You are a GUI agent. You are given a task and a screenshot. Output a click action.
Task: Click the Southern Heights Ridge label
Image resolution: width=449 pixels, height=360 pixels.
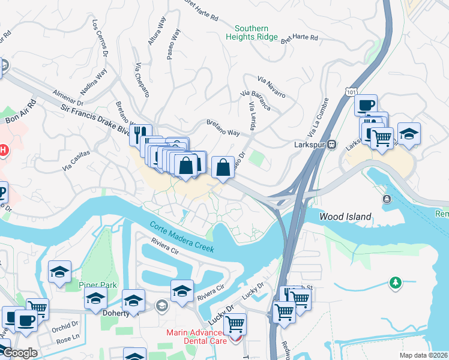click(x=252, y=32)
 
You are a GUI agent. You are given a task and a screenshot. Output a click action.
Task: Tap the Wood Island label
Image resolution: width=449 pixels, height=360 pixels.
click(x=345, y=217)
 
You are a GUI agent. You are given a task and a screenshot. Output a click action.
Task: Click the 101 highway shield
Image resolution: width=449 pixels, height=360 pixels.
click(x=352, y=89)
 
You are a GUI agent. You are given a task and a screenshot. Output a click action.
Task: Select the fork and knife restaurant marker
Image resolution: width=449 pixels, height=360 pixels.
click(x=140, y=134)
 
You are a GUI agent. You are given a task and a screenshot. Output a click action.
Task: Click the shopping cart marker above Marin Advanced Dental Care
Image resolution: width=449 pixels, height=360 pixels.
click(x=235, y=324)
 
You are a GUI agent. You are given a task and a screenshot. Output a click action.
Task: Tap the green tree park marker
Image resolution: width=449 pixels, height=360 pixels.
click(x=395, y=282)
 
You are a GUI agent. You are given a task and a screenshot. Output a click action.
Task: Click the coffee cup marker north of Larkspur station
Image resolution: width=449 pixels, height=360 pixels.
click(x=365, y=105)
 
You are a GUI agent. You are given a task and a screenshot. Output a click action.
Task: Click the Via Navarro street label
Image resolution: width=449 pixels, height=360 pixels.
click(x=272, y=84)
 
